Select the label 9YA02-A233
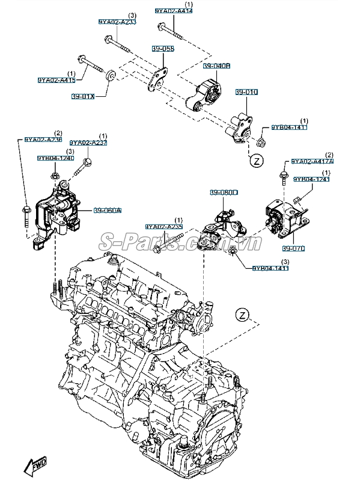point(117,22)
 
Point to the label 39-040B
point(217,66)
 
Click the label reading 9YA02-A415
point(56,80)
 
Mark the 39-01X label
point(84,96)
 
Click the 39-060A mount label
point(107,211)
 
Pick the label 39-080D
point(224,192)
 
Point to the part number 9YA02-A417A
point(313,162)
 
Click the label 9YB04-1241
point(311,179)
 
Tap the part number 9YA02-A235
point(163,227)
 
